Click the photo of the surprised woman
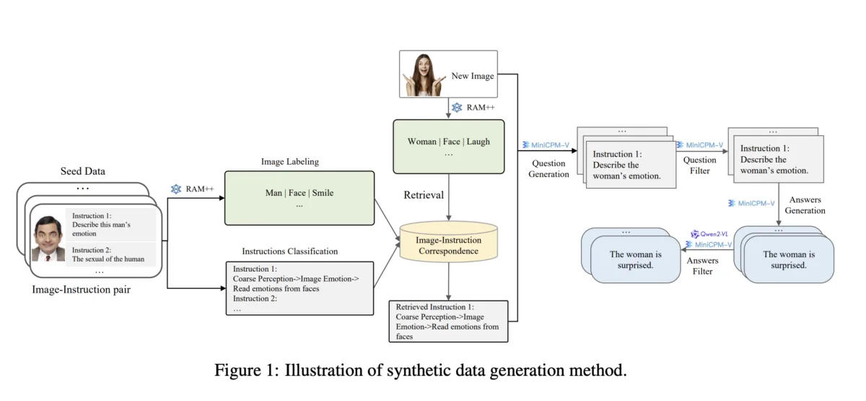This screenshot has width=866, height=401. tap(424, 74)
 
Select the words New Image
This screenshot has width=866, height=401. tap(473, 75)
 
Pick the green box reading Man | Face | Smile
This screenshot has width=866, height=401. tap(299, 197)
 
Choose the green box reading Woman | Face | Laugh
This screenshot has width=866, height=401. tap(448, 146)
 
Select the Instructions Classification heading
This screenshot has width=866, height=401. tap(289, 251)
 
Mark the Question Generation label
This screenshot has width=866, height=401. tap(549, 169)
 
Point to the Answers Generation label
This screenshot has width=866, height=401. tap(805, 205)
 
